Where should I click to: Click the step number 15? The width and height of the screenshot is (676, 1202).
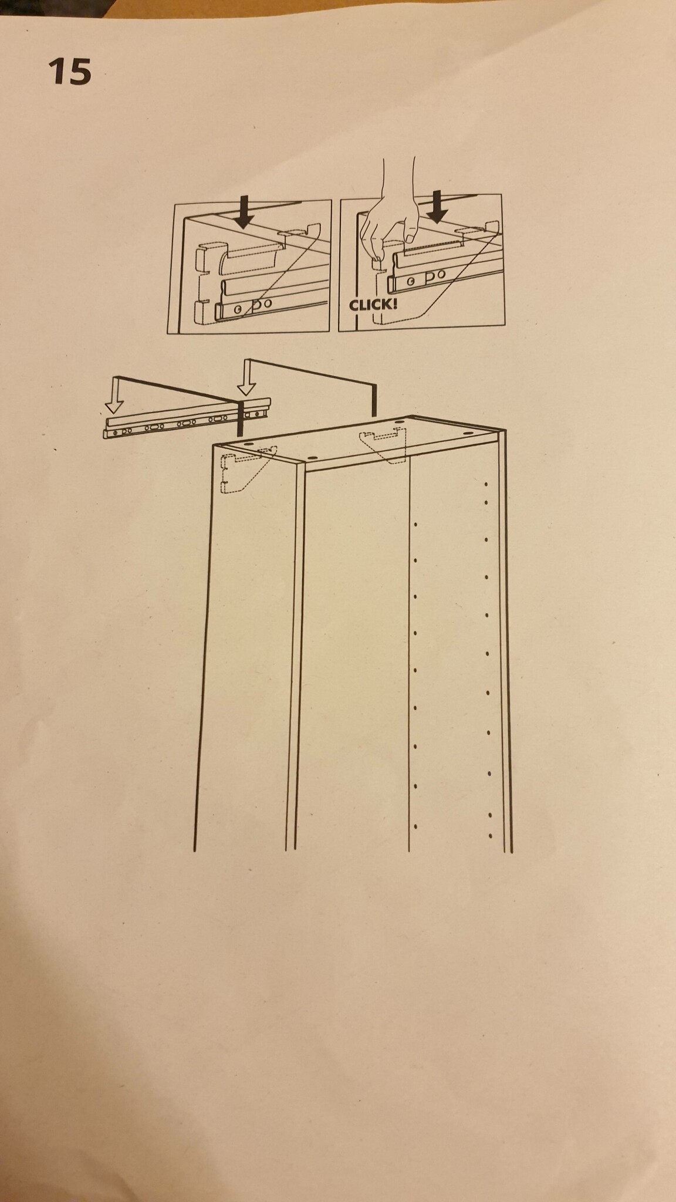(70, 72)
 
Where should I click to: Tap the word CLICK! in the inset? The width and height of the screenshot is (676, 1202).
(373, 305)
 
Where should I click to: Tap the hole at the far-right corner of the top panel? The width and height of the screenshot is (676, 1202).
(469, 433)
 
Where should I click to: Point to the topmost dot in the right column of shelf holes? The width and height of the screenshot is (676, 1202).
(486, 484)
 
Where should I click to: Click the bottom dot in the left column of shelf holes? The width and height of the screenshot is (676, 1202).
(415, 826)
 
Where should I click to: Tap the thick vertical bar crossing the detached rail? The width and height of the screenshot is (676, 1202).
(240, 417)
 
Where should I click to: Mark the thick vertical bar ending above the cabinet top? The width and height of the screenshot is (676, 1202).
(373, 397)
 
